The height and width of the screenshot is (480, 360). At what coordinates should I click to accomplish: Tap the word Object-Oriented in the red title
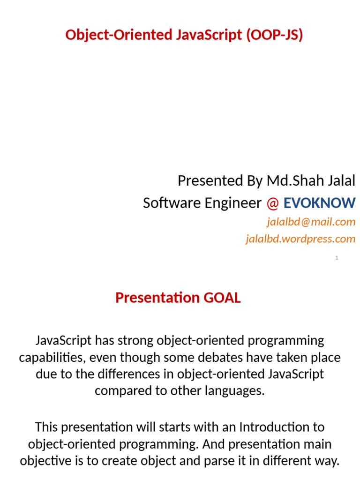click(x=112, y=35)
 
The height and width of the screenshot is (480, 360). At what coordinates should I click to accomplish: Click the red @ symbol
click(x=272, y=203)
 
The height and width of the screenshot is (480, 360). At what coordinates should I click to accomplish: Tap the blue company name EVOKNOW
click(x=319, y=203)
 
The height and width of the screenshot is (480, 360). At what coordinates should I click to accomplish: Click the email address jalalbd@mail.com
click(x=311, y=221)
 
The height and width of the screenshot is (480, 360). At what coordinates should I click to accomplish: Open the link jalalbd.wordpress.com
click(x=300, y=239)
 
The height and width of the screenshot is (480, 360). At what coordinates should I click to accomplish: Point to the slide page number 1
click(x=337, y=258)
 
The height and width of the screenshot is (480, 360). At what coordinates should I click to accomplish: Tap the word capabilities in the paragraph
click(x=52, y=358)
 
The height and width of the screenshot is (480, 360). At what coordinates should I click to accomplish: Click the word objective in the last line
click(x=43, y=461)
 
